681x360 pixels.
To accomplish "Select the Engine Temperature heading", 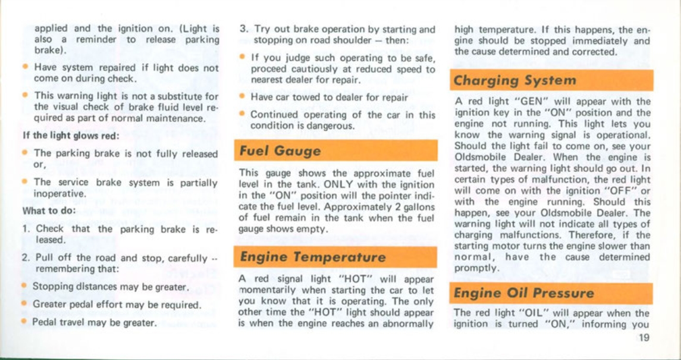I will (x=312, y=258).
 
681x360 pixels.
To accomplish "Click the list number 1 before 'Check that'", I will (x=26, y=228).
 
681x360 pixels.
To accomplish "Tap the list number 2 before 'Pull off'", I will (x=26, y=258).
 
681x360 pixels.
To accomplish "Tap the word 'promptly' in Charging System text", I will (x=474, y=268).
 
